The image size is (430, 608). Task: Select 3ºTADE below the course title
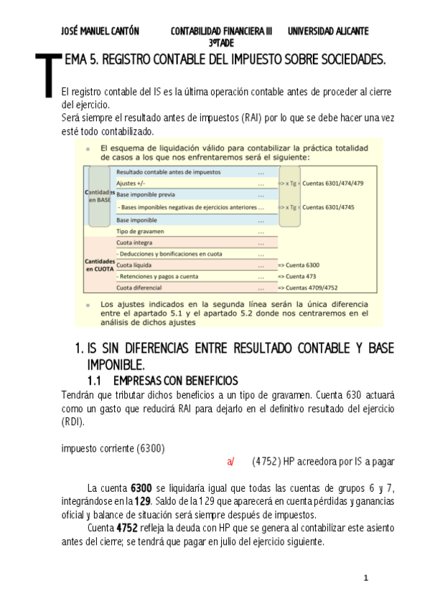[222, 43]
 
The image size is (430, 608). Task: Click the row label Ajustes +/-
[131, 184]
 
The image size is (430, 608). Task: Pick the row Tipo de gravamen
[140, 231]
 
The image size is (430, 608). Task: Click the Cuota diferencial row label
[141, 288]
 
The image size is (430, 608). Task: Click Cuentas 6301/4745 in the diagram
[333, 207]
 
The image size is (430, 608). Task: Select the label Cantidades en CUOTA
[99, 265]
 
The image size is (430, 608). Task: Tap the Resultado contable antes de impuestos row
[168, 172]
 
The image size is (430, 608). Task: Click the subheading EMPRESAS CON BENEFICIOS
[176, 380]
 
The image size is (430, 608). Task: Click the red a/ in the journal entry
[230, 461]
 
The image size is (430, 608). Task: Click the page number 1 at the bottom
[365, 578]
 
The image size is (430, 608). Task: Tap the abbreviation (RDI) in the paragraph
[73, 422]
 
